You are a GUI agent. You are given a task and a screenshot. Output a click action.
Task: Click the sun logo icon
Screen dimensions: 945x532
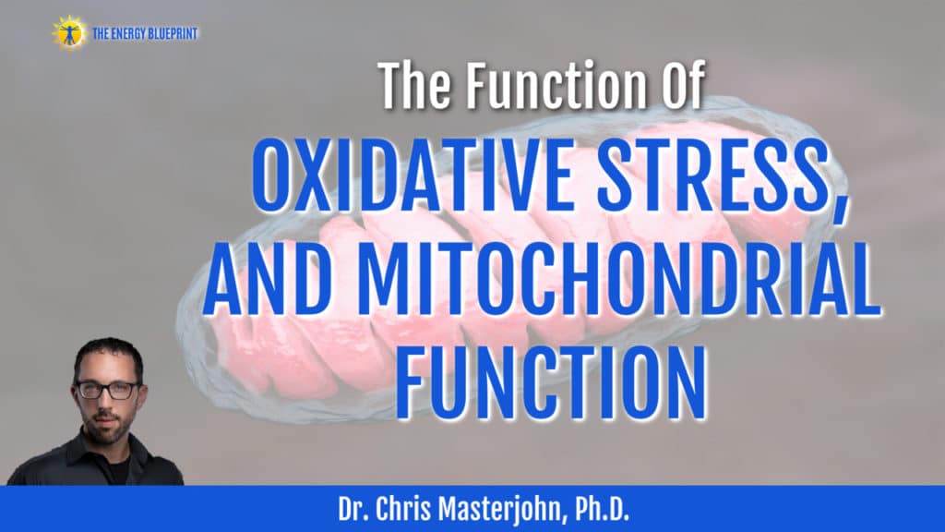(69, 32)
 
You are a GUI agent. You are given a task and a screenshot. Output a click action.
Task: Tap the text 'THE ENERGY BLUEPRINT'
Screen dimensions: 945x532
(145, 34)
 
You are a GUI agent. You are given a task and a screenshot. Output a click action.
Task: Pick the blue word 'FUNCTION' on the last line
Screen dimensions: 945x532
(551, 381)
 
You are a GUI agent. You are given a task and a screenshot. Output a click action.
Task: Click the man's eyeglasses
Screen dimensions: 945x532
(109, 390)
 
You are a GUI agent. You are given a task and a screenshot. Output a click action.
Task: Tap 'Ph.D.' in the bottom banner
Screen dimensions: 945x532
(602, 509)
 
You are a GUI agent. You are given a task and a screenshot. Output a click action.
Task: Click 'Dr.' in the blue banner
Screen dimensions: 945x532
(352, 509)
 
